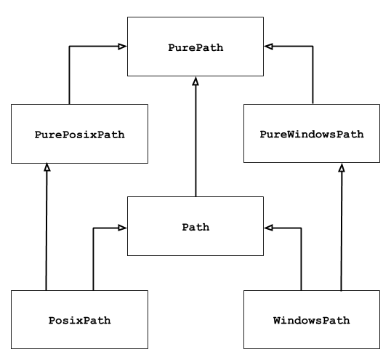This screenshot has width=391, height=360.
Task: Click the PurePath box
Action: (195, 47)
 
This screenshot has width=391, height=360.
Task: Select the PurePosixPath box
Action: (79, 134)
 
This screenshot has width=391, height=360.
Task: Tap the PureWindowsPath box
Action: (311, 134)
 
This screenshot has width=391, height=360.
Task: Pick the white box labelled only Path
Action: (195, 226)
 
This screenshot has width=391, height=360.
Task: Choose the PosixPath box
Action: (79, 320)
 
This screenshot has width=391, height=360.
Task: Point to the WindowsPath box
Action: (311, 320)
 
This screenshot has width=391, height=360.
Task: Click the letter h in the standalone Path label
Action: (206, 227)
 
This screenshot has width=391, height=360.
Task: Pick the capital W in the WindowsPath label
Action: (277, 320)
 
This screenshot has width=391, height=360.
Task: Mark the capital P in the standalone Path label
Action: (185, 227)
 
